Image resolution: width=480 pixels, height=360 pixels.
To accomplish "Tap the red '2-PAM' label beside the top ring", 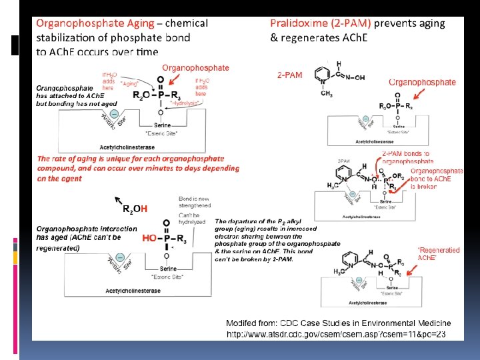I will [289, 75].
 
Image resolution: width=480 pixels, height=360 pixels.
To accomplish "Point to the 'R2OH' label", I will [134, 209].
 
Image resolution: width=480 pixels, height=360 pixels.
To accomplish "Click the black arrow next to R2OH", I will [119, 200].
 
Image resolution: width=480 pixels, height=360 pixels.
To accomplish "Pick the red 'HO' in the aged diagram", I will [149, 237].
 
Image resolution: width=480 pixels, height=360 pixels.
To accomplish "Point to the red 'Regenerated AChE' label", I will [438, 254].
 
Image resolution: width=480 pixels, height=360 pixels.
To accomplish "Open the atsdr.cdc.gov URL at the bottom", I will [336, 333].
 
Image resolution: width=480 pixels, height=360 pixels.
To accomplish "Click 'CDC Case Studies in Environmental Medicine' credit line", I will [338, 323].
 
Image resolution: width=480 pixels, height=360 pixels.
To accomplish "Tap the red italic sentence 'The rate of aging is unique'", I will [137, 168].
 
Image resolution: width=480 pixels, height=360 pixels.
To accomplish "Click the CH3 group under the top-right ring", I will [327, 95].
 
